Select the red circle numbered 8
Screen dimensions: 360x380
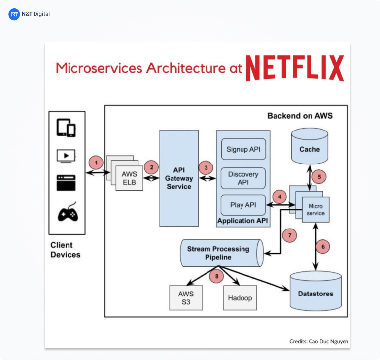click(x=216, y=276)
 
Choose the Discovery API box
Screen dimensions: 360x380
click(x=243, y=177)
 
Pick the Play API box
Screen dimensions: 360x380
click(x=243, y=205)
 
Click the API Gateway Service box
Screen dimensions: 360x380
click(x=179, y=178)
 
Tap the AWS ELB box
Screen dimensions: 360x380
click(x=129, y=177)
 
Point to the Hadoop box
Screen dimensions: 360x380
click(x=240, y=298)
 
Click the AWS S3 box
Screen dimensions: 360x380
click(x=186, y=298)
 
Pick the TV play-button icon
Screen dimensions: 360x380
click(x=66, y=156)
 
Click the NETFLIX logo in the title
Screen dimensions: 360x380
click(x=295, y=68)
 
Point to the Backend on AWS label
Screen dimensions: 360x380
click(x=300, y=116)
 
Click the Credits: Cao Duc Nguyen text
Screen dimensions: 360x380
click(x=319, y=341)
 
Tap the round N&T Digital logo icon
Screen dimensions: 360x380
click(x=14, y=14)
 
